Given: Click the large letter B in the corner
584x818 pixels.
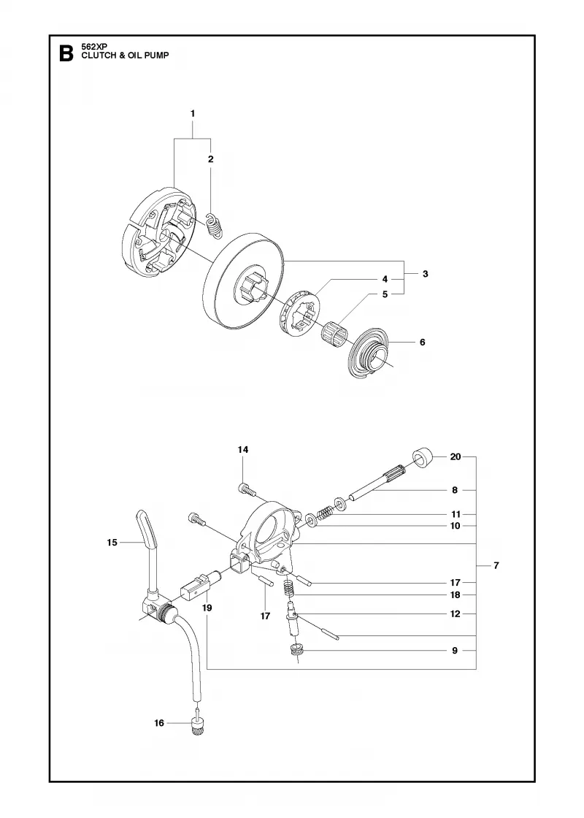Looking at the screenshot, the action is [x=66, y=54].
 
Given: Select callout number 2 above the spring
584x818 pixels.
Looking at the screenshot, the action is [x=211, y=159].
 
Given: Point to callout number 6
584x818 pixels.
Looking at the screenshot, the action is [x=423, y=343].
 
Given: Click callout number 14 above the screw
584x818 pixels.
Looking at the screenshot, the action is [x=243, y=450].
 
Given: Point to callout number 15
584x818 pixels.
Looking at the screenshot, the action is [x=112, y=543].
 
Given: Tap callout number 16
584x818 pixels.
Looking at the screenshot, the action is [x=159, y=722].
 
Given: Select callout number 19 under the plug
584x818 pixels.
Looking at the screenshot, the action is [x=207, y=608].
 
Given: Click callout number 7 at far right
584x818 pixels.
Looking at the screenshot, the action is [x=496, y=565].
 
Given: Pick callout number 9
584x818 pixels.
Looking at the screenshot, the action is [x=455, y=651].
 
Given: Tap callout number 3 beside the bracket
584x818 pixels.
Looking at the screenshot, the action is [x=426, y=274].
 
